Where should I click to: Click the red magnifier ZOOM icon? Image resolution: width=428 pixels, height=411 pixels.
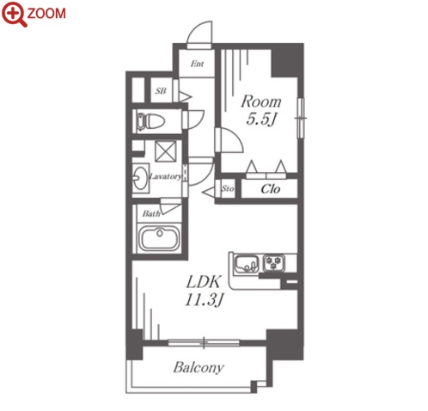pos(15,14)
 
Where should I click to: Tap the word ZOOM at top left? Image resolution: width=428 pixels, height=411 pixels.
pos(46,14)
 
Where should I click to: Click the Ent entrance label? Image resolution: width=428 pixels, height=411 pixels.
pos(198,64)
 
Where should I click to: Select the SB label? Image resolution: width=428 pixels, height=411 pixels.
pos(161,91)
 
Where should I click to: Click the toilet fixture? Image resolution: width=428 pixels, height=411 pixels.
pos(150,121)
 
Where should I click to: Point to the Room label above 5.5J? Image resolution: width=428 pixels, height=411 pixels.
pos(261,101)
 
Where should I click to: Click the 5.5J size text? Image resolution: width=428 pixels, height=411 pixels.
pos(261,119)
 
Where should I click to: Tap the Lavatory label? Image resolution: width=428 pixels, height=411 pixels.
pos(166,176)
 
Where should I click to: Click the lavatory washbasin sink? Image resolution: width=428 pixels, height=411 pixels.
pos(140,178)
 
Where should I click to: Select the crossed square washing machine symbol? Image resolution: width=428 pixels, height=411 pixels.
pos(165,151)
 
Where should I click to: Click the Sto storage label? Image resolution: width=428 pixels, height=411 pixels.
pos(228,188)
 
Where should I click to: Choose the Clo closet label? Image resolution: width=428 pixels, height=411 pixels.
pos(271,189)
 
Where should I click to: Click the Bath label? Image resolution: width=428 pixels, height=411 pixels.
pos(151,213)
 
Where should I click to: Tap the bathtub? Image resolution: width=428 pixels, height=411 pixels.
pos(159,238)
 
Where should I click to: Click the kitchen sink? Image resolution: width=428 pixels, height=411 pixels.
pos(247,263)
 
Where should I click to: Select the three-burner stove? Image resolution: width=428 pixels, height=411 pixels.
pos(274,263)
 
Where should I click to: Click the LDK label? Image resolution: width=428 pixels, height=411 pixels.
pos(204,282)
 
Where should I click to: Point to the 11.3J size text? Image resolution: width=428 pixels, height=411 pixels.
pos(204,300)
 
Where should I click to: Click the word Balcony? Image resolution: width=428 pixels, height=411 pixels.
pos(199,368)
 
